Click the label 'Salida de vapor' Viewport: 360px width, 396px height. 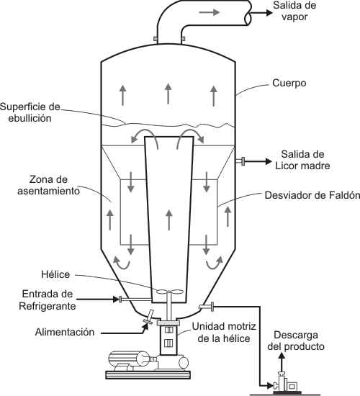pos(294,11)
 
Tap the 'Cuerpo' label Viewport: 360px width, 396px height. pos(289,83)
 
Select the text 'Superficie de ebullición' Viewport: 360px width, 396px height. pos(30,112)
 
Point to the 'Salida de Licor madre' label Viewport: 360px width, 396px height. pos(302,160)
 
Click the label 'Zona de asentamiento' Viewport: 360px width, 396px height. pos(48,185)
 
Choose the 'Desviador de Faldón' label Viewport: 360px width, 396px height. pos(312,195)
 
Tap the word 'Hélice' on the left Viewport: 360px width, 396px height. pos(55,274)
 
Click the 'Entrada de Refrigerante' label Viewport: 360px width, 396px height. pos(48,300)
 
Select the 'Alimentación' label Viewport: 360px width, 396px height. pos(65,332)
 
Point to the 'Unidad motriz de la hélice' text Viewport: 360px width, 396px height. pos(224,333)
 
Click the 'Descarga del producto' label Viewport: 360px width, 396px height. pos(296,341)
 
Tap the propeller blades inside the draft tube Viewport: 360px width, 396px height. pos(169,292)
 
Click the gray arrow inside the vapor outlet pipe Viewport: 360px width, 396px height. pos(210,12)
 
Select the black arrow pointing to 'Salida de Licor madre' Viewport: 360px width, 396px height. pos(258,161)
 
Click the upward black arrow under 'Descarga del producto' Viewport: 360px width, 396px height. pos(282,362)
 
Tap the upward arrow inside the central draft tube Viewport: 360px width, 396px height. pos(169,220)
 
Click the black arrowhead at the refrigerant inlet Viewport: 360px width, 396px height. pos(116,300)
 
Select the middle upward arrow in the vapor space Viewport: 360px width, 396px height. pos(168,94)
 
